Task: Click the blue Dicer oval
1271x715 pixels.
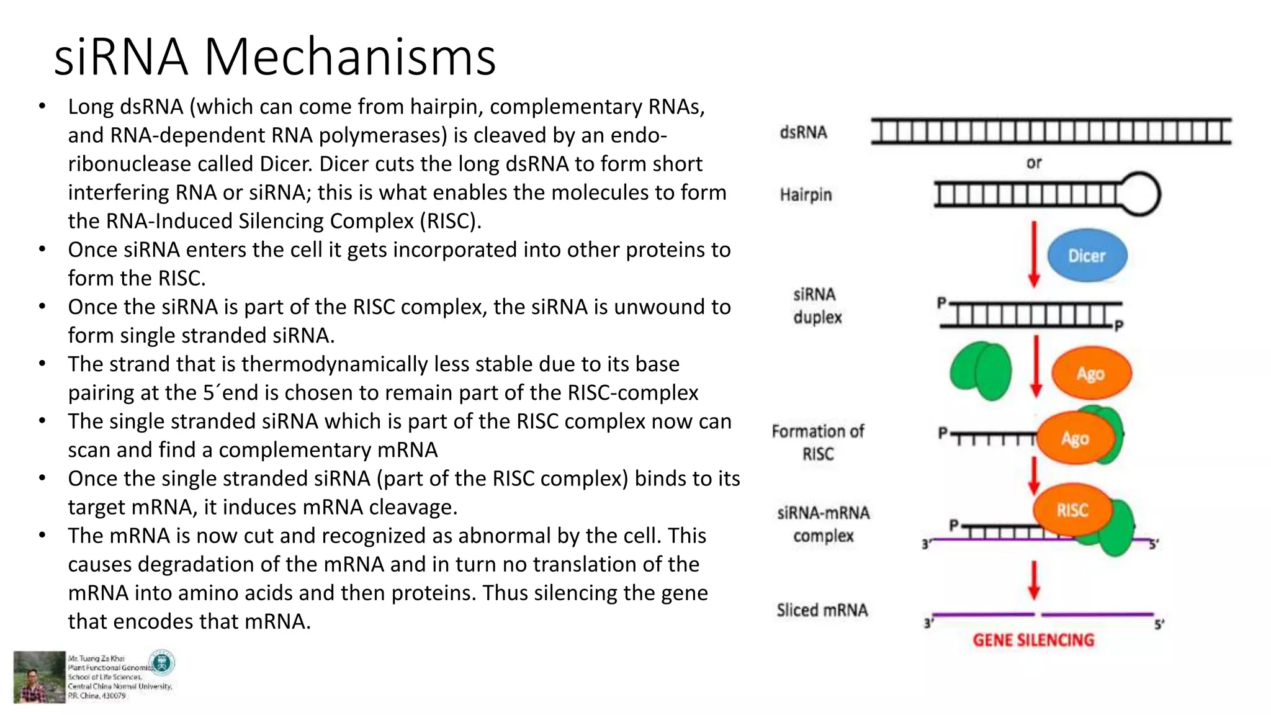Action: click(1087, 255)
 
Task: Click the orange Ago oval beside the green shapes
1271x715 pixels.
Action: click(1091, 373)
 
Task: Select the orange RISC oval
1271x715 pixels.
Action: click(1072, 510)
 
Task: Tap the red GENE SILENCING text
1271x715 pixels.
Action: click(1033, 640)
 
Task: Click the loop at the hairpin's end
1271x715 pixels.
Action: click(1140, 194)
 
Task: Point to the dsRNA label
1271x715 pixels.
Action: click(803, 132)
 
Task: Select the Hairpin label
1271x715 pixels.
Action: click(806, 195)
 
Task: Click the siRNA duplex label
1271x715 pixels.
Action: click(817, 305)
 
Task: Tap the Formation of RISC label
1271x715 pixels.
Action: click(817, 442)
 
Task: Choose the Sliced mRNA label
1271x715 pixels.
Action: click(822, 610)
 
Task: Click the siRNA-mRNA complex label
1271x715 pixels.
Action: click(823, 524)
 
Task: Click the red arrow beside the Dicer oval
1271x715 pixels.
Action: click(1034, 254)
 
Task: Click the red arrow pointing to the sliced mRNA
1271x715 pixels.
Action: click(1034, 580)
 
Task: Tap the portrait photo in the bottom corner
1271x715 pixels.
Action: click(39, 677)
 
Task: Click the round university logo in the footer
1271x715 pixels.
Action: click(163, 663)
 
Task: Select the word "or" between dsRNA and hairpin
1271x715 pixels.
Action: click(1033, 163)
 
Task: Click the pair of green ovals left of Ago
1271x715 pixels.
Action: click(981, 371)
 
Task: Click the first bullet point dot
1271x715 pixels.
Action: click(42, 107)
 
